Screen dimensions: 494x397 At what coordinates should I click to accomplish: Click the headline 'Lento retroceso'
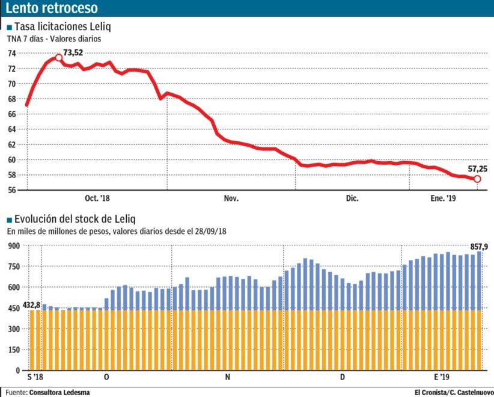coord(51,8)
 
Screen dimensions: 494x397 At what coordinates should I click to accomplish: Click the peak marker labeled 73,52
coord(59,57)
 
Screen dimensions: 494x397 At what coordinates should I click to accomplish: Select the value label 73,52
coord(73,52)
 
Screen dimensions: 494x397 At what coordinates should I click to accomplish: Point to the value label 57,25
coord(478,169)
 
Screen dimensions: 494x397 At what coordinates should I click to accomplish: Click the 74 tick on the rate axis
coord(11,53)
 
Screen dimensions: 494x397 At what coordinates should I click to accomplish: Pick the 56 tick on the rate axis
coord(11,190)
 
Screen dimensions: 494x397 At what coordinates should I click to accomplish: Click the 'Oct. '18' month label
coord(97,198)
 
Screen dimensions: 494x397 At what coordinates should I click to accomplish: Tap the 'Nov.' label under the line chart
coord(231,198)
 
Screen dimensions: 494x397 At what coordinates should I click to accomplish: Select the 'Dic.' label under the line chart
coord(352,198)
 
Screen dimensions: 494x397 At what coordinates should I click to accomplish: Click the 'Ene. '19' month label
coord(443,198)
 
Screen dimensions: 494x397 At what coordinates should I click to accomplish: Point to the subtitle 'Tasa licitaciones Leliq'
coord(63,26)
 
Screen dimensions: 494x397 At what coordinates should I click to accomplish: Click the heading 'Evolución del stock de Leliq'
coord(75,219)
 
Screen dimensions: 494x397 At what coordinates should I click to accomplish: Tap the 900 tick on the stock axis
coord(14,245)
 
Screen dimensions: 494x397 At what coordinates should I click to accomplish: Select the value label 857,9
coord(479,246)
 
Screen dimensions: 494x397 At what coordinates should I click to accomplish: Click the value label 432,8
coord(31,305)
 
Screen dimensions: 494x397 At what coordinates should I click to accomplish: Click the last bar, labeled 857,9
coord(479,310)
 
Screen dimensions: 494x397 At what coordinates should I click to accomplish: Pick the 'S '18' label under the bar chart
coord(35,377)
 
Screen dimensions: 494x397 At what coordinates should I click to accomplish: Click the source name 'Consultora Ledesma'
coord(59,392)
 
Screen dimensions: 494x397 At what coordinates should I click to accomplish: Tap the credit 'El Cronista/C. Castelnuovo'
coord(454,392)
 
